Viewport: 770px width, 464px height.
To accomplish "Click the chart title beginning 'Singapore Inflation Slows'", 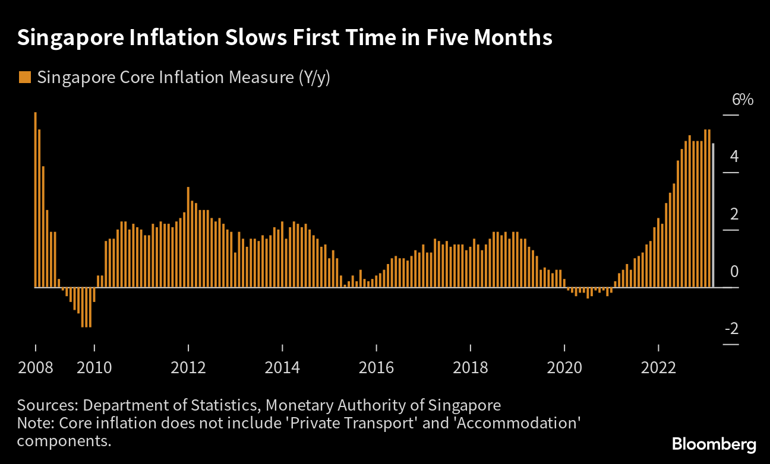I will (285, 38).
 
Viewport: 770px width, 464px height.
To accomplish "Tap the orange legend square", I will (24, 77).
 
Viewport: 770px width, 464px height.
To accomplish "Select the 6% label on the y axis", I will (742, 100).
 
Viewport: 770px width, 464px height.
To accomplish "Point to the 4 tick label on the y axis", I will (734, 157).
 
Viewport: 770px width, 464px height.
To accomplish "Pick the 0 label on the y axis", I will (734, 272).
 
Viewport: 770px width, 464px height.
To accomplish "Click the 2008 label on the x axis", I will (36, 368).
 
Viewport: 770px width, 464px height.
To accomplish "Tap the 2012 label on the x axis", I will (188, 368).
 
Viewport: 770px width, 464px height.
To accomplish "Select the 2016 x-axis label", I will (377, 368).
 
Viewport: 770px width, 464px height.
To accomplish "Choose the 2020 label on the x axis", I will (565, 368).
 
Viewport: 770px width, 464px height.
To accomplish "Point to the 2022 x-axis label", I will (659, 368).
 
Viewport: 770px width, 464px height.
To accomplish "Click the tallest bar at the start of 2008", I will (36, 199).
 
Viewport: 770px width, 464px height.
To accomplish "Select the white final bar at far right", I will (713, 215).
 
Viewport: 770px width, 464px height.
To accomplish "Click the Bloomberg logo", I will (714, 444).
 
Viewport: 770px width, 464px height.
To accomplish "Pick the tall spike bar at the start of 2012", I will (188, 237).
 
